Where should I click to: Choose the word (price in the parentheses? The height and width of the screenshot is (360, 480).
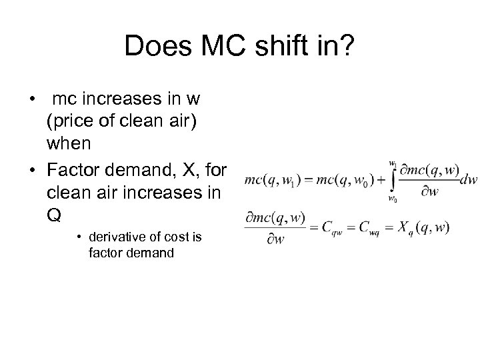click(x=69, y=121)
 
